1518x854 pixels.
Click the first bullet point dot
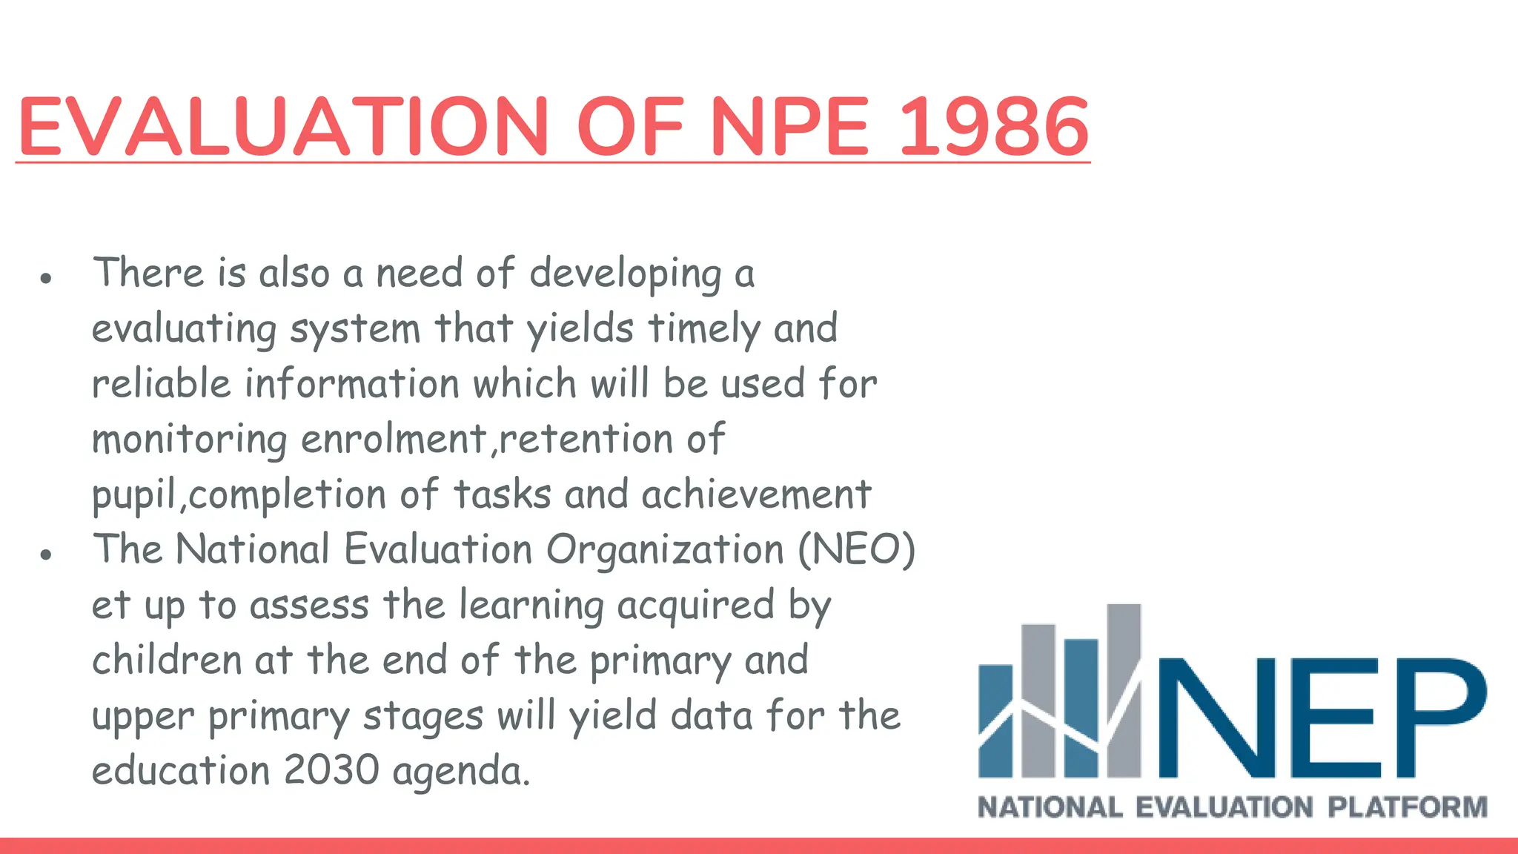(x=47, y=279)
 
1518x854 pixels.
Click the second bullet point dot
(x=47, y=555)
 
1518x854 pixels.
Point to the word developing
(x=625, y=274)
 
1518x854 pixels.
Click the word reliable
(x=162, y=384)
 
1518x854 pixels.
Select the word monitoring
(x=189, y=440)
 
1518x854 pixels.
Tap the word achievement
(x=756, y=494)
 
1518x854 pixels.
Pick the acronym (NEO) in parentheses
(x=856, y=550)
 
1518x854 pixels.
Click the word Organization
(x=665, y=550)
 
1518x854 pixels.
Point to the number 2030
(x=331, y=770)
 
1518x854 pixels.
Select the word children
(x=167, y=660)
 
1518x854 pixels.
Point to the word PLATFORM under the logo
(x=1407, y=807)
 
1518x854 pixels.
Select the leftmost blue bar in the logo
(x=995, y=719)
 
